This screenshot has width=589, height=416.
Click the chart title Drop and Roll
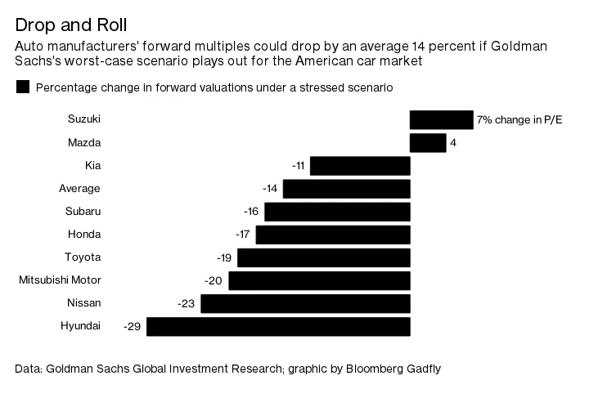tap(70, 25)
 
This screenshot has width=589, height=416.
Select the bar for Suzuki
tap(441, 120)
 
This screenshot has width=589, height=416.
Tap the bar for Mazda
tap(427, 143)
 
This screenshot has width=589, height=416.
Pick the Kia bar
tap(360, 166)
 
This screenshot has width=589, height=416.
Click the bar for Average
tap(346, 189)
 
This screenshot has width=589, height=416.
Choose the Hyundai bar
tap(278, 326)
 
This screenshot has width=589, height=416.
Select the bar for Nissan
tap(305, 303)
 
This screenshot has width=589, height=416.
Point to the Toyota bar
tap(323, 257)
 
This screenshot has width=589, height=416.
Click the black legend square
tap(23, 87)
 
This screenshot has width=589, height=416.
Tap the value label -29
tap(133, 326)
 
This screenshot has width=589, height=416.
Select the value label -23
tap(187, 303)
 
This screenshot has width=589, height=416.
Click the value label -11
tap(299, 166)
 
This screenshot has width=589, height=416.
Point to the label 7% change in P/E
tap(519, 120)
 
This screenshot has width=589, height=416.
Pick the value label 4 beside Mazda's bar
tap(452, 143)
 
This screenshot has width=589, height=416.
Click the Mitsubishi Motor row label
tap(60, 280)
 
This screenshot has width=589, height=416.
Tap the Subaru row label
tap(83, 212)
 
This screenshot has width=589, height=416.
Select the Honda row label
tap(83, 235)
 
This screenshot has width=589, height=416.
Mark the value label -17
tap(243, 235)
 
